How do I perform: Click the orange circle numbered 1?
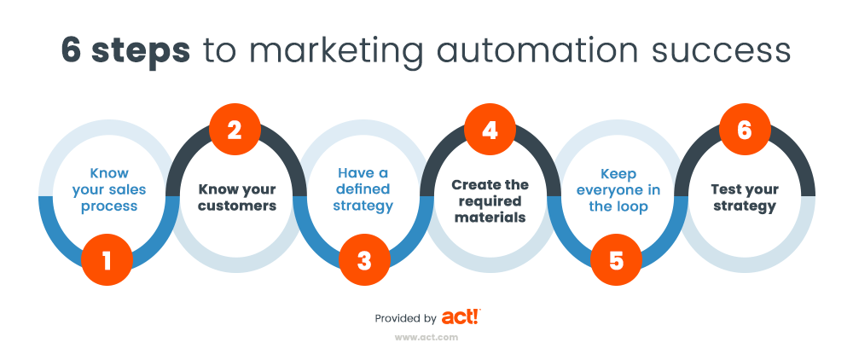[x=107, y=259]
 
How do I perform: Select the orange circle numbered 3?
[x=363, y=259]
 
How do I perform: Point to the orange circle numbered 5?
[x=617, y=259]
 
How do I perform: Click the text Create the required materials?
[x=490, y=200]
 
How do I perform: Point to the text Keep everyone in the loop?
[x=618, y=189]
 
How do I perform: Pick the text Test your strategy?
[x=744, y=196]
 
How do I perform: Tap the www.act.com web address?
[x=427, y=337]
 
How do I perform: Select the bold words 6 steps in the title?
[x=125, y=50]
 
